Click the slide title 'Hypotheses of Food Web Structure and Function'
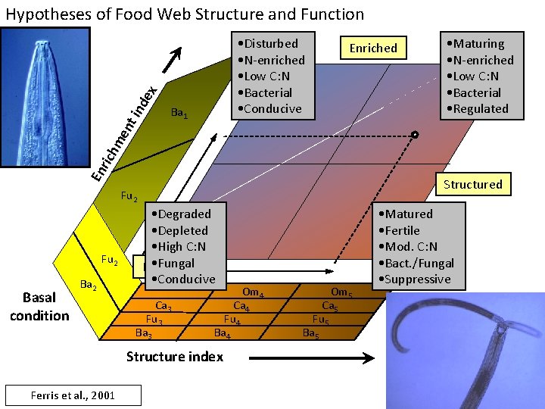pos(185,14)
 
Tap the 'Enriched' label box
pos(373,48)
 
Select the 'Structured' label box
pos(472,184)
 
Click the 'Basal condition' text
pos(39,308)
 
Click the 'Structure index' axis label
pos(175,356)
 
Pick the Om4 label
pos(253,293)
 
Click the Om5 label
pos(341,292)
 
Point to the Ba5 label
pos(311,333)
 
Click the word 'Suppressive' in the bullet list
pos(418,279)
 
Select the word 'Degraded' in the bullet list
pos(184,214)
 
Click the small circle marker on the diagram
pos(415,135)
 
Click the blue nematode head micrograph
pos(45,96)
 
